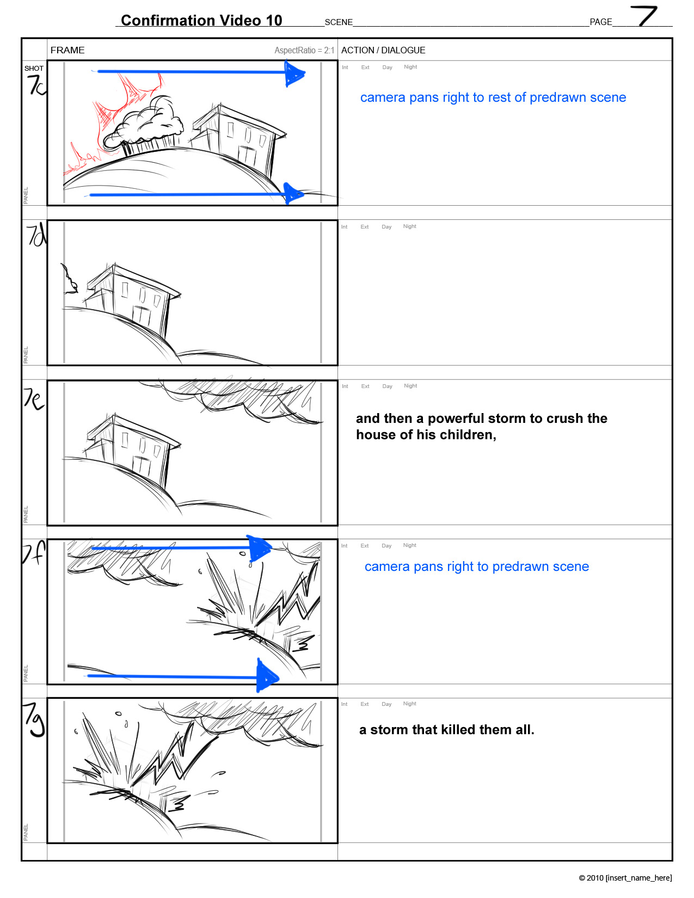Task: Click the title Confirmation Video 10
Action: (x=201, y=20)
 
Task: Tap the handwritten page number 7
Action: (x=643, y=16)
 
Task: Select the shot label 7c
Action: (x=36, y=85)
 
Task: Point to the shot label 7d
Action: (x=36, y=235)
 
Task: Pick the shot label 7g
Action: (x=34, y=720)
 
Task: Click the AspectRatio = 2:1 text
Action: (x=304, y=51)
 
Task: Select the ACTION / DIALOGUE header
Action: (x=383, y=50)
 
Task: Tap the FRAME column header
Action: (x=67, y=50)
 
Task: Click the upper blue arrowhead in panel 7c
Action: (x=294, y=74)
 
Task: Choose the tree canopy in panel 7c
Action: (x=143, y=123)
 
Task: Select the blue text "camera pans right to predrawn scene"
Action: (x=477, y=566)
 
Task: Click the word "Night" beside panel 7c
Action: (x=410, y=67)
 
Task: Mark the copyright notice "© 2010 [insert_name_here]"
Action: (x=625, y=878)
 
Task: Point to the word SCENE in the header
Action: (x=339, y=22)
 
